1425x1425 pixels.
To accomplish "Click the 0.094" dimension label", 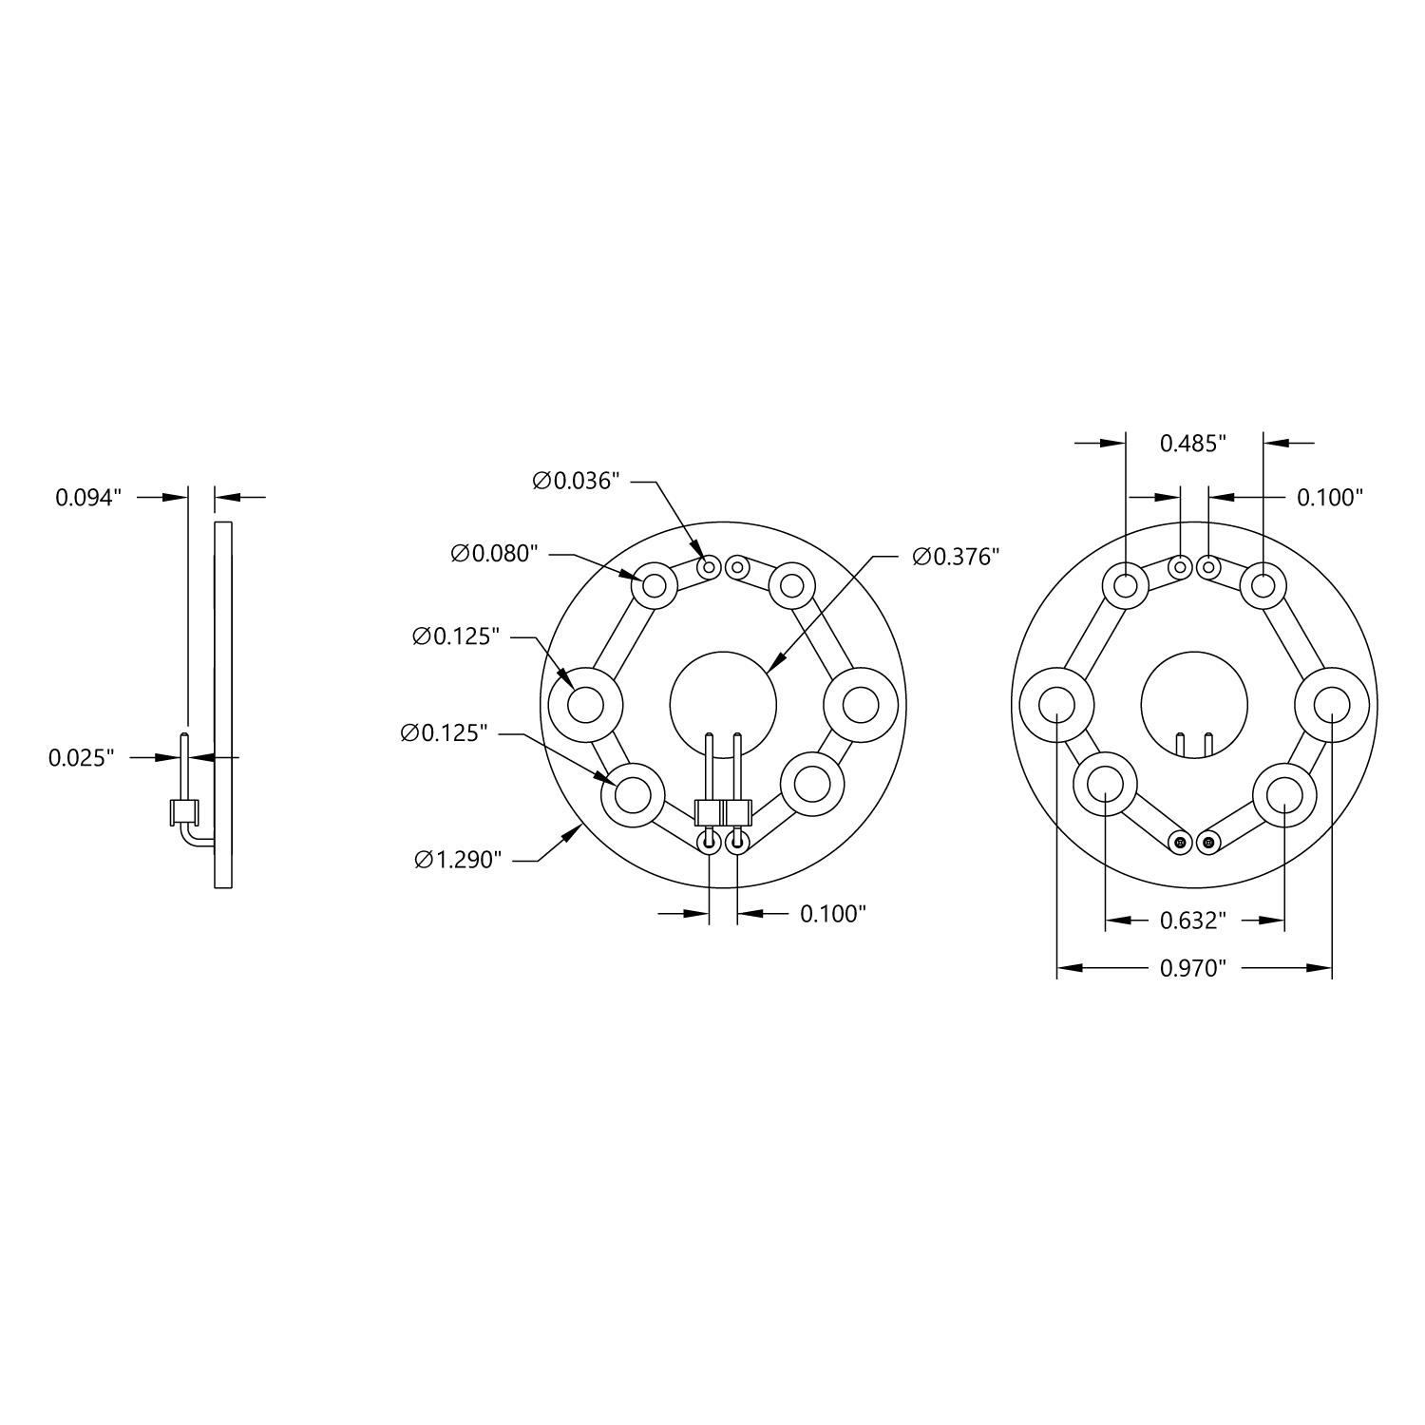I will [89, 497].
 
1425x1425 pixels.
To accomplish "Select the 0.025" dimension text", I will [82, 757].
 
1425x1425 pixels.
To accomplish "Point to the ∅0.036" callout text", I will [577, 481].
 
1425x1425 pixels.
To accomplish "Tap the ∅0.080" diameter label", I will [495, 553].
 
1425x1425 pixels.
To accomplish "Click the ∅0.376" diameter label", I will [956, 557].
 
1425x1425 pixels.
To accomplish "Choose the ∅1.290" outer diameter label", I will [458, 860].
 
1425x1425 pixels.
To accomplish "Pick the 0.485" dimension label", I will [1193, 443].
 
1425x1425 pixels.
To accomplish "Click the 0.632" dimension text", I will [1193, 920].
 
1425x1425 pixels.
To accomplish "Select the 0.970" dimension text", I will [1193, 968].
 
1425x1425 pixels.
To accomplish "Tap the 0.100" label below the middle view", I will [833, 914].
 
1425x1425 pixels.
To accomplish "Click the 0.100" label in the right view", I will [1330, 497].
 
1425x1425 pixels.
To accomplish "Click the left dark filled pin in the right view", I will [1180, 842].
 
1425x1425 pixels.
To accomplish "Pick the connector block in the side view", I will [183, 811].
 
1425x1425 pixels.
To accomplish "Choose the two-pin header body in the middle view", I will [723, 813].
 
